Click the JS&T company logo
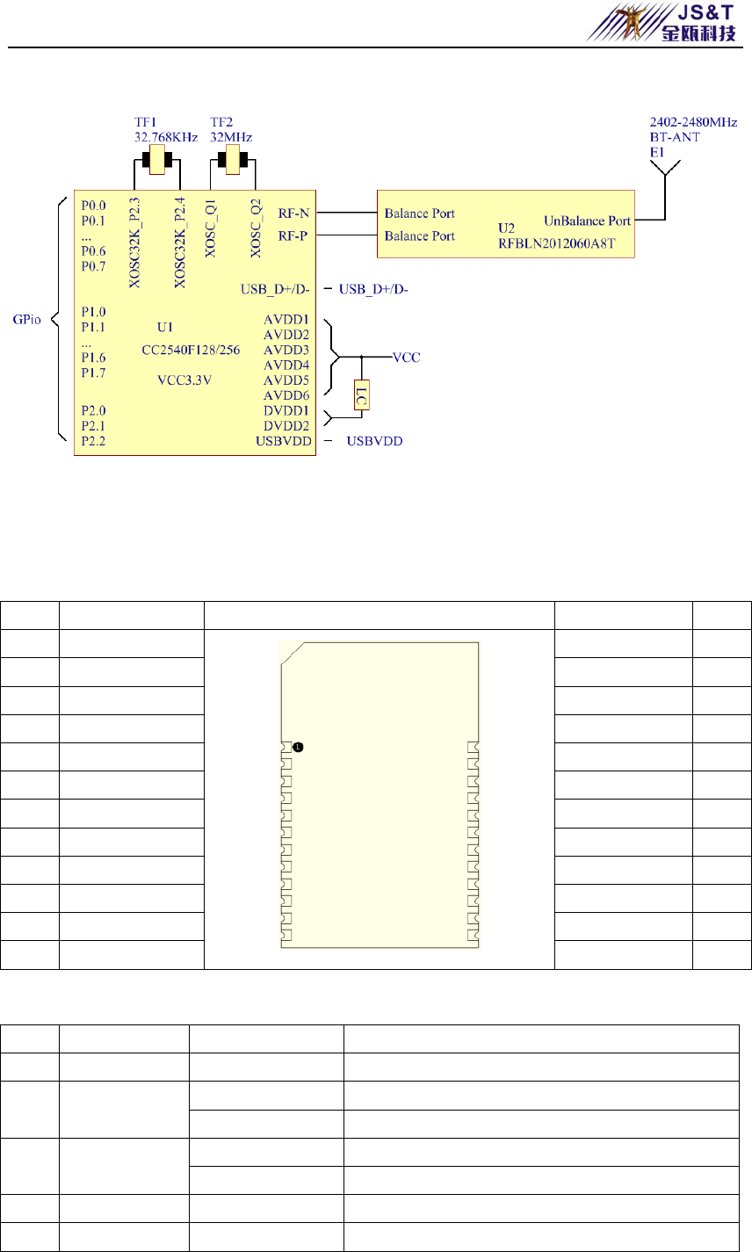662,22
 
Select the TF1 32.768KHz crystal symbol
157,160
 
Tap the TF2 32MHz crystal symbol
233,160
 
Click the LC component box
361,395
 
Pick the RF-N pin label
294,213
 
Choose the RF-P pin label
293,235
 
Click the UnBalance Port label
587,221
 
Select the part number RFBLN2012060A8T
557,243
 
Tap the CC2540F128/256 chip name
191,350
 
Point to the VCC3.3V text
184,380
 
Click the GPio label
27,319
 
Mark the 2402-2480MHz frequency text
693,122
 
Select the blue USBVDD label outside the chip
374,441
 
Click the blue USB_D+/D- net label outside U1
373,289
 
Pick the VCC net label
406,358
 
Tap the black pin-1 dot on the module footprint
299,748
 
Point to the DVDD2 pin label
286,426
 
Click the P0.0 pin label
93,206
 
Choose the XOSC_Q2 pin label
256,228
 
